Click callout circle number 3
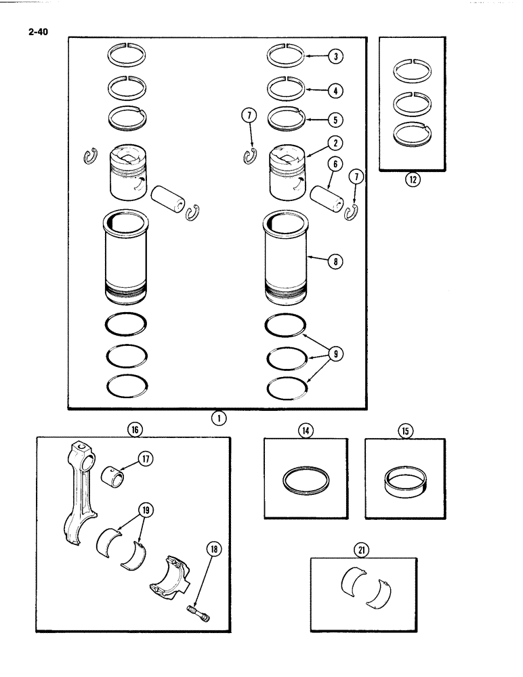[x=334, y=57]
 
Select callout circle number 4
[x=334, y=89]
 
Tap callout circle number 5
[x=334, y=120]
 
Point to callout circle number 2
[x=334, y=143]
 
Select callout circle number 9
[x=334, y=352]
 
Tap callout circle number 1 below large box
[x=218, y=419]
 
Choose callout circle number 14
[x=305, y=430]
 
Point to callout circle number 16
[x=133, y=429]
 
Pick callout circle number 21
[x=363, y=550]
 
